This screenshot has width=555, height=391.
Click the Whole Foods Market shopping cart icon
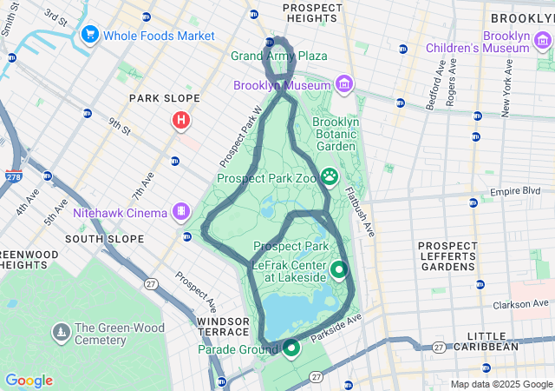coord(89,36)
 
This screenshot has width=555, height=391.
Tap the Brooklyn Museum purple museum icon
coord(345,84)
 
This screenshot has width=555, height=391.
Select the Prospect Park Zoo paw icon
coord(330,177)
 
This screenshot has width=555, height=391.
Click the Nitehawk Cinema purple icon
coord(181,211)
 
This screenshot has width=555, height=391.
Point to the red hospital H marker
coord(181,120)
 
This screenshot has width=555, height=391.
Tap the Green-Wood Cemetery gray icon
coord(61,332)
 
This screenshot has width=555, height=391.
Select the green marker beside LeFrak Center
coord(338,269)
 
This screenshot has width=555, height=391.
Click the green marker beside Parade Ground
coord(291,348)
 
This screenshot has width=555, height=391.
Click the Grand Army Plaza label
coord(279,56)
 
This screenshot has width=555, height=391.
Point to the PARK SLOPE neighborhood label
coord(165,98)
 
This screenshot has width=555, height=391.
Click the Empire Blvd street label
coord(516,191)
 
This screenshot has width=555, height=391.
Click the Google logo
coord(29,381)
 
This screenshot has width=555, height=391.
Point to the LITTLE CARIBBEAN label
coord(493,341)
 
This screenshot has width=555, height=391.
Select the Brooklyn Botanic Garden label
coord(335,135)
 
